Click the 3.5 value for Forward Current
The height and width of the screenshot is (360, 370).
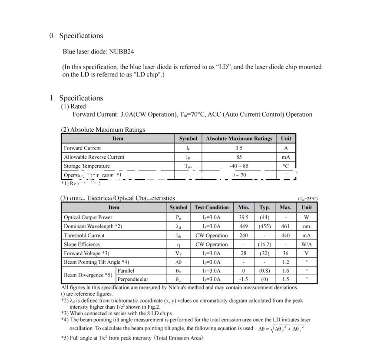click(x=239, y=148)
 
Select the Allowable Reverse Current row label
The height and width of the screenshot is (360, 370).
click(x=94, y=157)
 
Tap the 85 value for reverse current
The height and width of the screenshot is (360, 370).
click(x=239, y=157)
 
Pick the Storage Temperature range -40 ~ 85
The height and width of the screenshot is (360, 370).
click(x=239, y=166)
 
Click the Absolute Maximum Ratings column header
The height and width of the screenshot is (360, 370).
click(x=239, y=139)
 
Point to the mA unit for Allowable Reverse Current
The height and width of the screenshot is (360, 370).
click(x=286, y=157)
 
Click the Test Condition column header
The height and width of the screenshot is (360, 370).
click(x=211, y=207)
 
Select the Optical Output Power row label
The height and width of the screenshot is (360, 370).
click(x=88, y=217)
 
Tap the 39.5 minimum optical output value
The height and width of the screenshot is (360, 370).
click(x=244, y=217)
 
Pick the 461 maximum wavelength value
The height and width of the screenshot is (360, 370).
click(x=285, y=227)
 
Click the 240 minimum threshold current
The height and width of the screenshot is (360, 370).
click(x=244, y=236)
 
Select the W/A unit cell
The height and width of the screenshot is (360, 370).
click(x=307, y=244)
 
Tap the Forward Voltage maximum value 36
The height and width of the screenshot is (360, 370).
click(x=285, y=253)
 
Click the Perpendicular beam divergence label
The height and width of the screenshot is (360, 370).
click(x=132, y=279)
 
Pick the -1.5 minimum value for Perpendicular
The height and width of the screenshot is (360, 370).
click(x=244, y=279)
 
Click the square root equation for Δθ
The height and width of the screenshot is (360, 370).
click(x=281, y=329)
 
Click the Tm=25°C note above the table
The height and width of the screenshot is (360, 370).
click(x=307, y=199)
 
